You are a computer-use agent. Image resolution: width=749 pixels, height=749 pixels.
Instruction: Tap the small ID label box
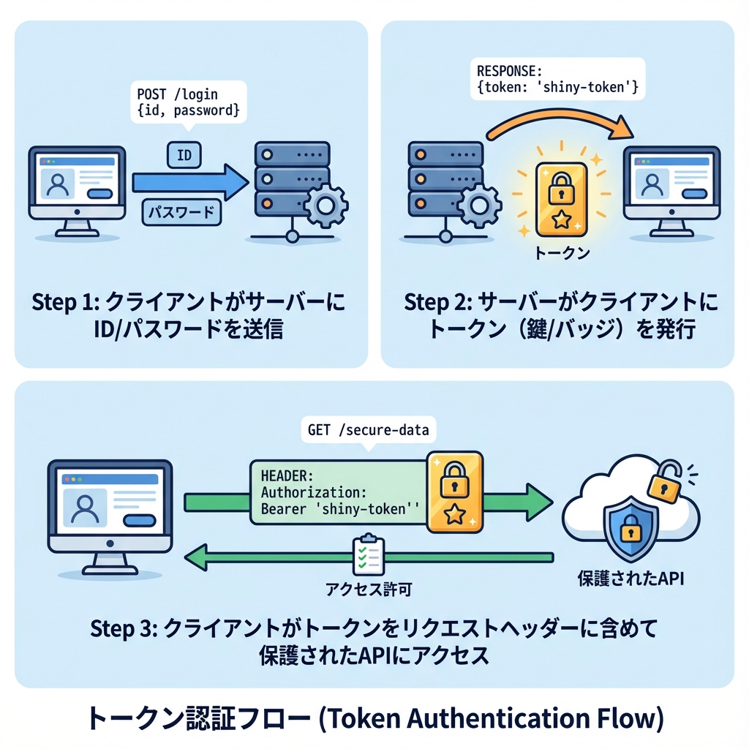pos(184,154)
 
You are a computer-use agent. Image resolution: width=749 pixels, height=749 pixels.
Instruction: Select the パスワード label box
pos(180,212)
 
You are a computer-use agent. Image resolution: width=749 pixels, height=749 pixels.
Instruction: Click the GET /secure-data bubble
pos(368,430)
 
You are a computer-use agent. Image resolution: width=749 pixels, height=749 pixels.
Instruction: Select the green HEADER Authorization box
pos(338,492)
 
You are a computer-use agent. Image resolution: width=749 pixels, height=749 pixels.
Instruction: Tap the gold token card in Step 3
pos(454,492)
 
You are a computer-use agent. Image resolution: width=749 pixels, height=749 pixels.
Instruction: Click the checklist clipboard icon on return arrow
pos(366,557)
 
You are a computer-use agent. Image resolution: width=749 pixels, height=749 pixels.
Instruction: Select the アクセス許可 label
pos(364,587)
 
